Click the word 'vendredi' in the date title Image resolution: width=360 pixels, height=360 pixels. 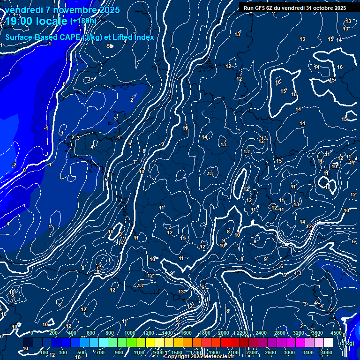point(24,10)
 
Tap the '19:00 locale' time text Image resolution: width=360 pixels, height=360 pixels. point(36,21)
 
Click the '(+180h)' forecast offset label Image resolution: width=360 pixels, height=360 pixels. point(83,21)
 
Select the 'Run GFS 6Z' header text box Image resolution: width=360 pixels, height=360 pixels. point(295,8)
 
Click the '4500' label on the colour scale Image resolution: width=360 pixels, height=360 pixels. point(336,333)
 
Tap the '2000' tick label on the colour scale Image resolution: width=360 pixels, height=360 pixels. point(224,333)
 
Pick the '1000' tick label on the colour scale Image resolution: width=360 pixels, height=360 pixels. point(130,333)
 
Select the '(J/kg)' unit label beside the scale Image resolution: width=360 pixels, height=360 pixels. point(348,343)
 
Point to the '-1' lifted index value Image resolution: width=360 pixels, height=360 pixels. point(45,128)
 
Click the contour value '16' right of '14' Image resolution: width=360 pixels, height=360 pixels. point(340,67)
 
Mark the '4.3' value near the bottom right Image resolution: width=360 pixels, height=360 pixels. point(298,274)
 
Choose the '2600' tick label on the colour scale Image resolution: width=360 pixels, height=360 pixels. point(270,352)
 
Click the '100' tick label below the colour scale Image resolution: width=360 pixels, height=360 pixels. point(45,352)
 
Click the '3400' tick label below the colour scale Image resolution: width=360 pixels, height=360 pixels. point(308,352)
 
